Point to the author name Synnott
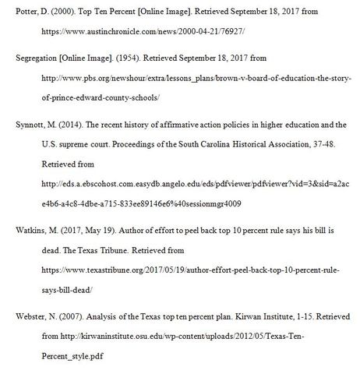click(19, 124)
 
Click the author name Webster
click(20, 319)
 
